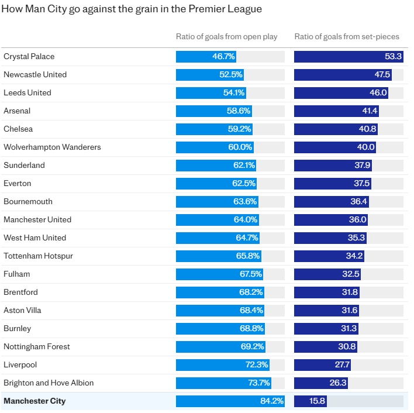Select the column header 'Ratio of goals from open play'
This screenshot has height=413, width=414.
pos(226,37)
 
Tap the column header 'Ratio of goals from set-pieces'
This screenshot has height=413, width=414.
pos(347,37)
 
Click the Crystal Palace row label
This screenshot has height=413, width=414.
pos(29,57)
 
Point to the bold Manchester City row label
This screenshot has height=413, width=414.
pos(34,401)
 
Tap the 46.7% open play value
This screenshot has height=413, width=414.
pos(223,57)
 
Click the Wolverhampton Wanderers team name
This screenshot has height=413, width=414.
pos(52,147)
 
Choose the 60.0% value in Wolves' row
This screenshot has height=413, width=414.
pos(240,147)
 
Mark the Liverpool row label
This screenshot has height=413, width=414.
pos(20,365)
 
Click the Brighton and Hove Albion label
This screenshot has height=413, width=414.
pos(49,383)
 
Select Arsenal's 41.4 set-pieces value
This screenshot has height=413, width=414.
pos(370,111)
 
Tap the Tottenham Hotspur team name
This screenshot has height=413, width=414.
pos(38,256)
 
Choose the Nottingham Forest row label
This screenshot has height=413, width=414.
pos(36,347)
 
